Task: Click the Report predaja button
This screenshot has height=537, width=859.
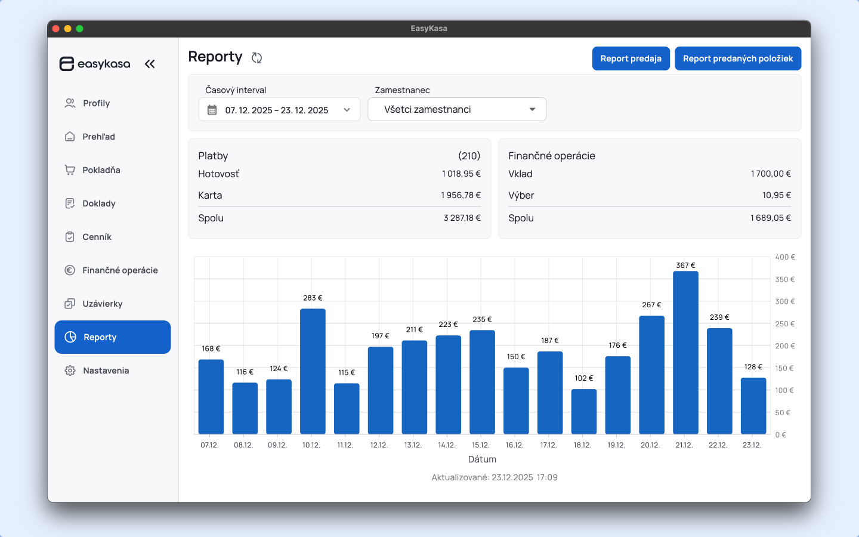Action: pos(631,58)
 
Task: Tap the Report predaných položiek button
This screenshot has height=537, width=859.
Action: pos(738,58)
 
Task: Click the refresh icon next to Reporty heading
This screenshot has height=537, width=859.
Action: pos(257,58)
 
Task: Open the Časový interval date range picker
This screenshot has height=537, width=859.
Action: pos(279,110)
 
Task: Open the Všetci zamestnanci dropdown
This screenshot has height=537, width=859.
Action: pos(457,109)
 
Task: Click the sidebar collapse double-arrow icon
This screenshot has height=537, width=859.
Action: pos(150,64)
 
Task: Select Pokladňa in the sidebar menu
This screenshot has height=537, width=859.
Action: pos(101,170)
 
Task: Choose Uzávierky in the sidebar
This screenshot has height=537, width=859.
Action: pos(103,304)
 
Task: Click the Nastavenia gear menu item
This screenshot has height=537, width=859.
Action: pos(106,371)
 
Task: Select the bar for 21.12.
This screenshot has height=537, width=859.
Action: pos(685,353)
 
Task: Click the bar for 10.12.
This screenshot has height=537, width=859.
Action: pos(313,371)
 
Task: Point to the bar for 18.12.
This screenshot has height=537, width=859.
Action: pos(583,412)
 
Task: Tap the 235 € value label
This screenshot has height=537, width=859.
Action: pos(482,319)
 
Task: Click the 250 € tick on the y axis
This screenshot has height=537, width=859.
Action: pos(785,324)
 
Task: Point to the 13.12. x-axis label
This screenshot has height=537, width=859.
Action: pos(413,445)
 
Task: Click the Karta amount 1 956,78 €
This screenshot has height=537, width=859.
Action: pos(461,195)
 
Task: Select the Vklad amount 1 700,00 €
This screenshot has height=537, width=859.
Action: pos(771,174)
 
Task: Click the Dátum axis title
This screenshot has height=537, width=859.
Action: pos(482,459)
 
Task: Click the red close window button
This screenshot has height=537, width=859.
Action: pos(56,29)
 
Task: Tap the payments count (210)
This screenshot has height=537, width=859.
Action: pos(469,156)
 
